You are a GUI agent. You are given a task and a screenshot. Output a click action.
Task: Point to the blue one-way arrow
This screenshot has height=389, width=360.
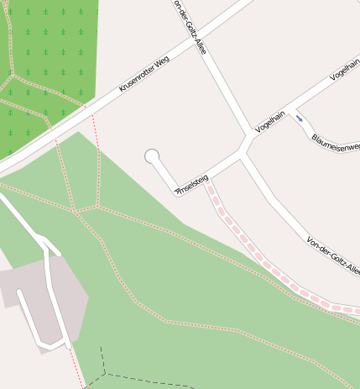(300, 118)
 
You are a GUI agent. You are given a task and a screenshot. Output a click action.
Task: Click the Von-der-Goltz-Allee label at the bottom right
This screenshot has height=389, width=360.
(333, 256)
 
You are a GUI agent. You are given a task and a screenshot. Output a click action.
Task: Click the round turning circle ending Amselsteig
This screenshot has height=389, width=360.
(152, 156)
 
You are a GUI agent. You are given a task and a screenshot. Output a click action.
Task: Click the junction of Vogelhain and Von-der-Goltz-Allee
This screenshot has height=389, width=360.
(245, 152)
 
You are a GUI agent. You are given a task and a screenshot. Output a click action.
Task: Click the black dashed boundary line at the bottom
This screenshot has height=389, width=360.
(151, 377)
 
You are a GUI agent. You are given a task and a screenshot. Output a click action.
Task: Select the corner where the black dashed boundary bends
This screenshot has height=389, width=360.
(106, 372)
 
